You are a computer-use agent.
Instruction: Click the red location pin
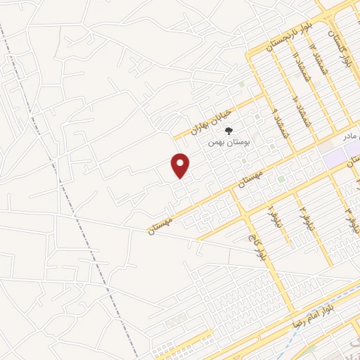181,165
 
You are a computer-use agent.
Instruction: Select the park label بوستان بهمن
230,141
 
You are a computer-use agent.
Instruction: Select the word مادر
351,134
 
